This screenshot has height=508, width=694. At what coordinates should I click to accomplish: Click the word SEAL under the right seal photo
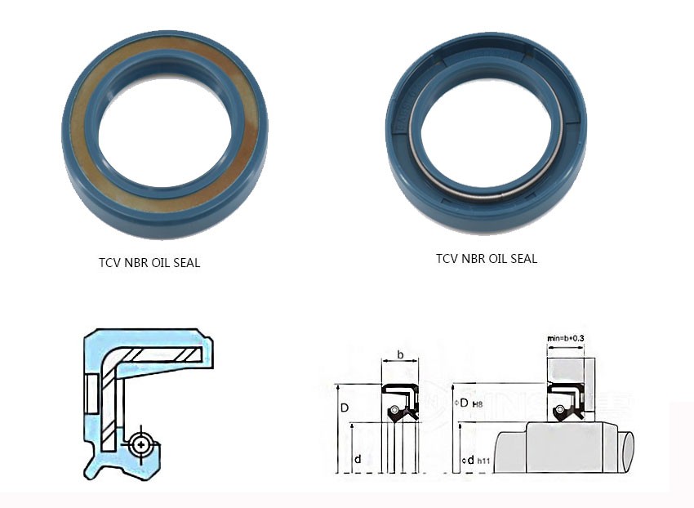(x=521, y=258)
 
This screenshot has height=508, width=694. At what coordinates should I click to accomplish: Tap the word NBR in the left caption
(x=138, y=263)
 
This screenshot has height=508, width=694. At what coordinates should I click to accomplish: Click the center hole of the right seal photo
(x=487, y=123)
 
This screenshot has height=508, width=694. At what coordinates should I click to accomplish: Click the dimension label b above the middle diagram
(x=399, y=354)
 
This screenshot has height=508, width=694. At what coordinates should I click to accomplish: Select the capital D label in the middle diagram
(x=345, y=407)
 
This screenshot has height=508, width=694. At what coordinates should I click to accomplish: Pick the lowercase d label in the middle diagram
(x=358, y=460)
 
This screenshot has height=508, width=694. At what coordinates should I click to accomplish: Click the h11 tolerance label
(x=484, y=463)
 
